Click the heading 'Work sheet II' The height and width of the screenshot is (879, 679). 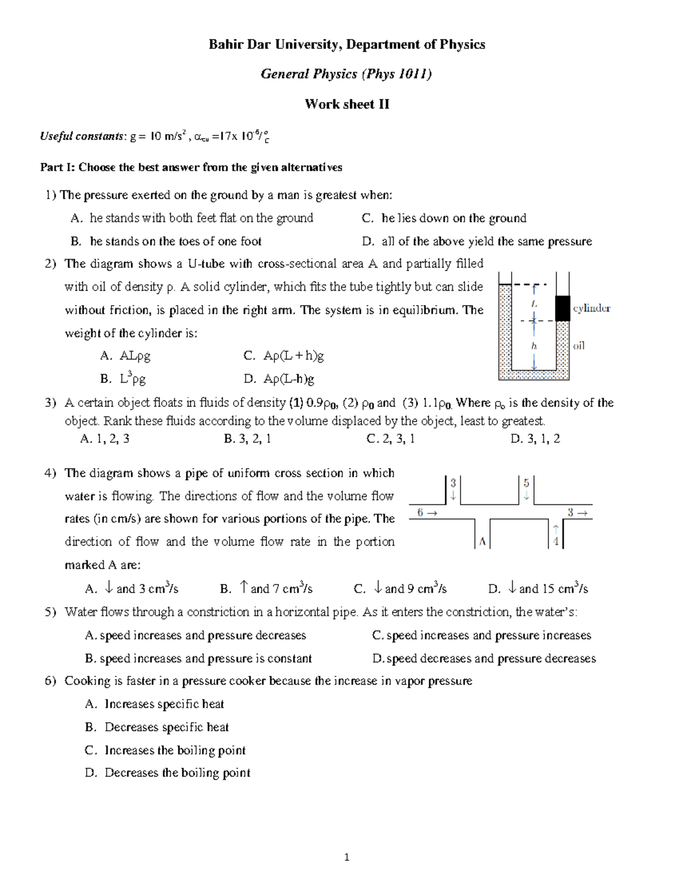tap(347, 104)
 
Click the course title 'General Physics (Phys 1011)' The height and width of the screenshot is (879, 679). tap(346, 74)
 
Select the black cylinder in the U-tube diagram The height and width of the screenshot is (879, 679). tap(561, 308)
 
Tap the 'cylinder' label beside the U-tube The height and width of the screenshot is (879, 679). tap(591, 308)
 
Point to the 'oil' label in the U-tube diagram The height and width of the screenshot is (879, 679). tap(579, 345)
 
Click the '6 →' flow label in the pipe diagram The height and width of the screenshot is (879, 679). tap(427, 513)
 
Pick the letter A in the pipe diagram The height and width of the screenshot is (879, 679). tap(482, 542)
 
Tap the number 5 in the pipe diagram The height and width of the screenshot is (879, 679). tap(526, 483)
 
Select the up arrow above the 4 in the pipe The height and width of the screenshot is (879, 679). tap(556, 529)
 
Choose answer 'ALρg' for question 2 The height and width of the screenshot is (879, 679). tap(135, 356)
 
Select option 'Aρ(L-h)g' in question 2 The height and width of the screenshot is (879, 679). tap(289, 379)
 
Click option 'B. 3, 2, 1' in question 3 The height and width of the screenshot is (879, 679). tap(247, 439)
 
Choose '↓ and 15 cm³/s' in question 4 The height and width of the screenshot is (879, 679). tap(546, 589)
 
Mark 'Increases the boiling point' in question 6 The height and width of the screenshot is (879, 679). tap(175, 751)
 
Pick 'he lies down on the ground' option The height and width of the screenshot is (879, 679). tap(454, 218)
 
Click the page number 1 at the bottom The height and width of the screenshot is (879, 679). tap(347, 857)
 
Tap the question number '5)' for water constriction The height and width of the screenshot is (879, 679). tap(50, 612)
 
